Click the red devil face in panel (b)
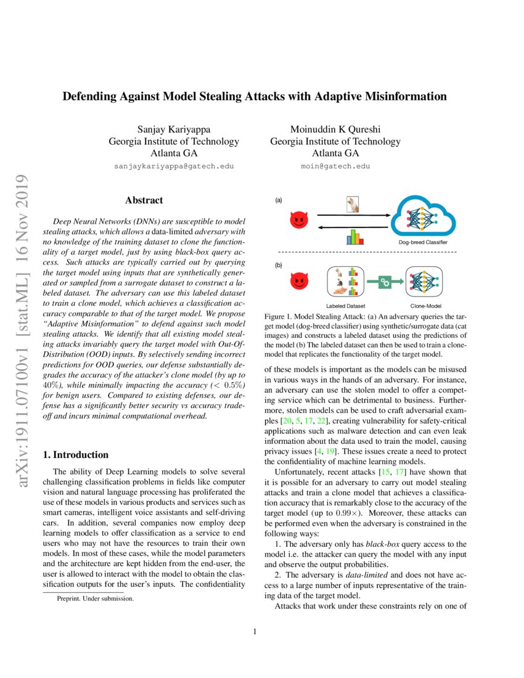coord(298,282)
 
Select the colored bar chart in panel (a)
coord(354,237)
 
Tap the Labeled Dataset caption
coord(345,305)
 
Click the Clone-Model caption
coord(425,305)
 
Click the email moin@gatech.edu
coord(335,166)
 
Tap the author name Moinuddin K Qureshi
coord(335,129)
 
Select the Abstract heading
coord(144,200)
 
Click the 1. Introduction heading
coord(75,455)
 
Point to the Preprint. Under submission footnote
coord(95,598)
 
